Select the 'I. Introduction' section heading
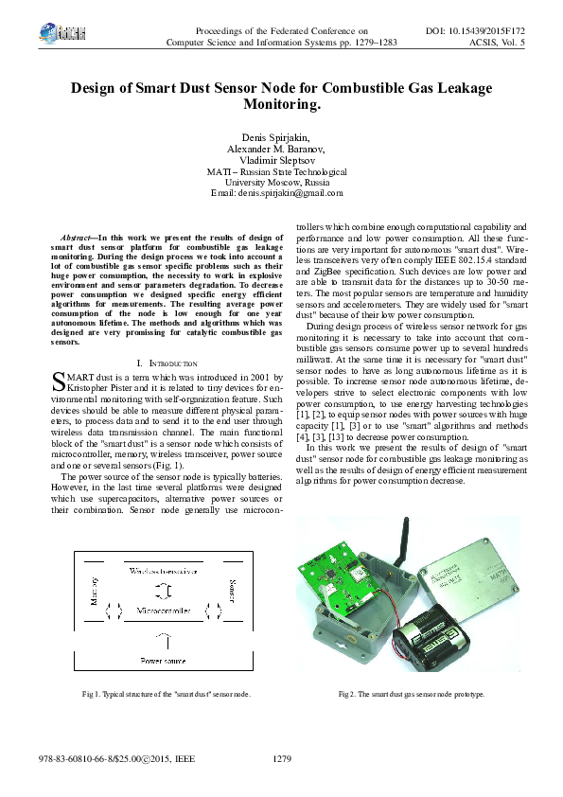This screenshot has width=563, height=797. (167, 363)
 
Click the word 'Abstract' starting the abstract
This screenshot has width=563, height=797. (75, 237)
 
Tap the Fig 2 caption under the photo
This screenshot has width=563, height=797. (411, 694)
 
